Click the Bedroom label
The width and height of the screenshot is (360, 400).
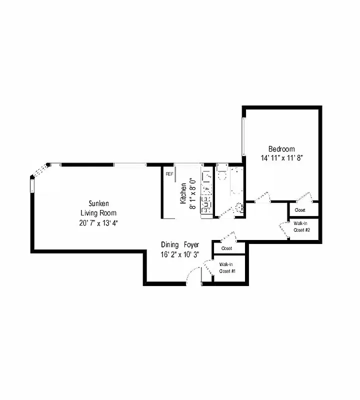[x=281, y=149]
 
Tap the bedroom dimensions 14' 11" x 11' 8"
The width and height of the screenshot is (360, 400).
[x=281, y=157]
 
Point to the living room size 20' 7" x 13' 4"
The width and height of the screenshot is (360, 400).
[x=98, y=222]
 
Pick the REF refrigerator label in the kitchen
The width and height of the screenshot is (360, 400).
[x=169, y=174]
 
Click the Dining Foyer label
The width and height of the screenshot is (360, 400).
[x=180, y=245]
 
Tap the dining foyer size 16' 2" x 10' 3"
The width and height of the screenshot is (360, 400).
[x=180, y=254]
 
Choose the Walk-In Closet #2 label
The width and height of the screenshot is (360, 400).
[x=302, y=226]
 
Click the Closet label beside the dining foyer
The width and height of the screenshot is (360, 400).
[x=226, y=248]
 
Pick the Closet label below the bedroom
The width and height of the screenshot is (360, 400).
[x=300, y=210]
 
